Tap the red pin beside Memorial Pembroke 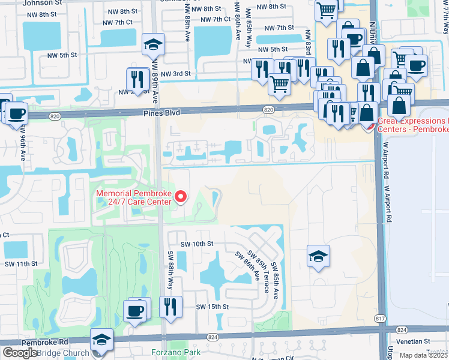179,197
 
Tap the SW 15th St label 212,307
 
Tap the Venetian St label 427,341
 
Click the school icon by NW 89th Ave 153,44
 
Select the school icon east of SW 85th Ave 318,256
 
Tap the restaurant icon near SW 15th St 170,307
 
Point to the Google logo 20,353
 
